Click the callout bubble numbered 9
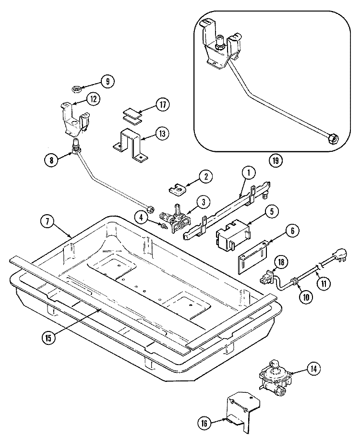pos(108,81)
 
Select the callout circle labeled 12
pos(93,98)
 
